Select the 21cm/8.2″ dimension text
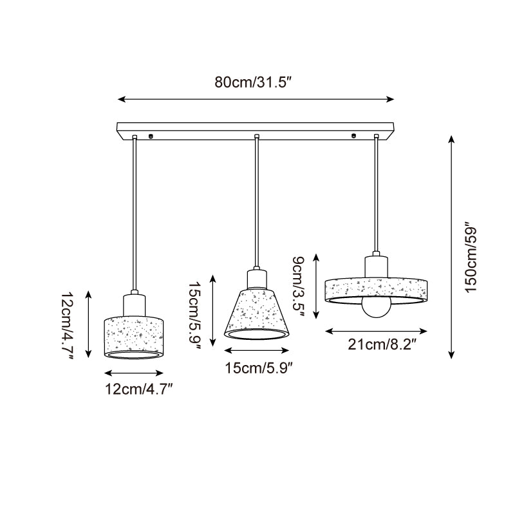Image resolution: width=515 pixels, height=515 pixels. [378, 344]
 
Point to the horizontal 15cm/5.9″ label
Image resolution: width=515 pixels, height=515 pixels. [257, 367]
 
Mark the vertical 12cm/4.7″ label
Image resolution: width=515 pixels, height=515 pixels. [68, 325]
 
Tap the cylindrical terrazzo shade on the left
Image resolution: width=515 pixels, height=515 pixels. [134, 335]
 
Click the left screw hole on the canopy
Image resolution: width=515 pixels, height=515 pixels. [150, 136]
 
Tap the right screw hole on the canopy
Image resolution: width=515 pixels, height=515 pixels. [353, 136]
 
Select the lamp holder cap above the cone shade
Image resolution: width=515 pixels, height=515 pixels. [256, 277]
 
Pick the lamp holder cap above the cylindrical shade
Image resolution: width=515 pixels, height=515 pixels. [134, 304]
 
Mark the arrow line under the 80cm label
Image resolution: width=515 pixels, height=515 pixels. [256, 99]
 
